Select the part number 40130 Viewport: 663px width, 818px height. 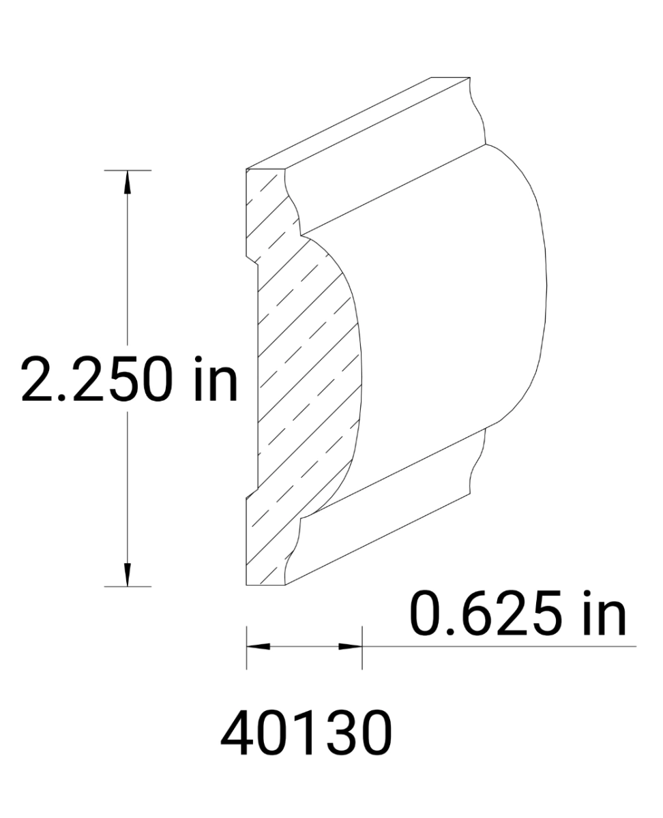[x=306, y=734]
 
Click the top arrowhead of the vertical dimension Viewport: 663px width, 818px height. [x=127, y=179]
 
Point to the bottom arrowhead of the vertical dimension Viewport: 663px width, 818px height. [x=127, y=577]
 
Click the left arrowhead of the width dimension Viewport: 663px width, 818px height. [x=256, y=646]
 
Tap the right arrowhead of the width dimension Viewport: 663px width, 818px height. [x=351, y=646]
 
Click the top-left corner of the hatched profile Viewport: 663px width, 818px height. [x=246, y=168]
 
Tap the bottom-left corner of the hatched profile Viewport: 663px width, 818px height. [x=246, y=586]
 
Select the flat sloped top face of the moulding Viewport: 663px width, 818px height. [x=355, y=123]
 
